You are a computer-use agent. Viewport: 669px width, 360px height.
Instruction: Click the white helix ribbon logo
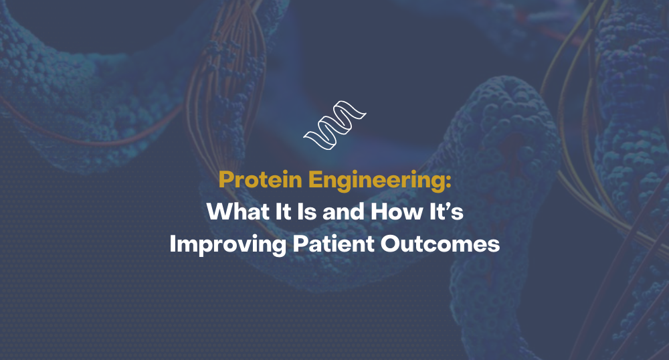click(334, 126)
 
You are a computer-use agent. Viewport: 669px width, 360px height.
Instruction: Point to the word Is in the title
click(307, 211)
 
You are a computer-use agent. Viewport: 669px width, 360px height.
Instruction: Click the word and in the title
click(343, 211)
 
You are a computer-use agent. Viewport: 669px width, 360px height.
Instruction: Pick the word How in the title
click(396, 211)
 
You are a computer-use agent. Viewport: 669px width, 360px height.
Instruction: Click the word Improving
click(228, 245)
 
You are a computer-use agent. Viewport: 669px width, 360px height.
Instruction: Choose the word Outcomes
click(440, 244)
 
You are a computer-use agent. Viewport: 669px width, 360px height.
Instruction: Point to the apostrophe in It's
click(450, 207)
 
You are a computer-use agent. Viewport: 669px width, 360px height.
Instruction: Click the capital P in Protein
click(225, 179)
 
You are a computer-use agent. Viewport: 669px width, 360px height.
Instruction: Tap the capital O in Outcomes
click(389, 244)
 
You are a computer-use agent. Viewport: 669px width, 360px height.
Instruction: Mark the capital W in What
click(219, 211)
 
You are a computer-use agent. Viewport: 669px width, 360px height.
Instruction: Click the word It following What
click(283, 211)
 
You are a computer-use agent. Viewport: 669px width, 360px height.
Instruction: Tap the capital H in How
click(379, 211)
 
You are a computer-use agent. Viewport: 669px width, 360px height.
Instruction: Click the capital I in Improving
click(173, 244)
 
